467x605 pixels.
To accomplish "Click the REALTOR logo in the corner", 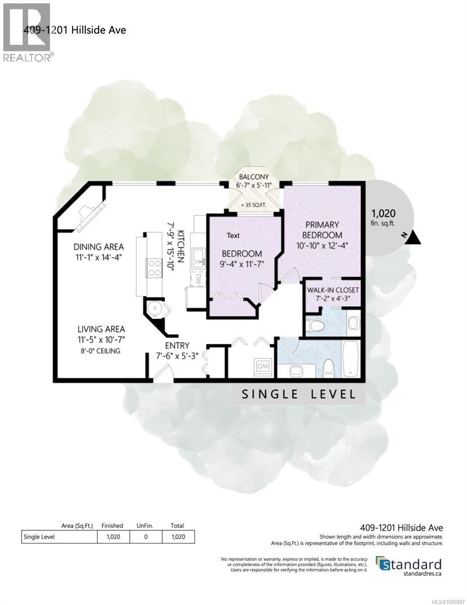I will click(x=26, y=32).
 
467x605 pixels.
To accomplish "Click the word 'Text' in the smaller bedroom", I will click(x=233, y=235).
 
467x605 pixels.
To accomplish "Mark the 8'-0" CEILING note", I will click(x=99, y=351).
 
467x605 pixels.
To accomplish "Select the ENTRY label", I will click(x=177, y=345).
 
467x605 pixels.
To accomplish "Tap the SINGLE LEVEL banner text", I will click(x=298, y=394).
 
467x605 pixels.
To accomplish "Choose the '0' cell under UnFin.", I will click(x=146, y=537).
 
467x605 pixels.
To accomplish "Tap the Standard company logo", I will click(x=409, y=565).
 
